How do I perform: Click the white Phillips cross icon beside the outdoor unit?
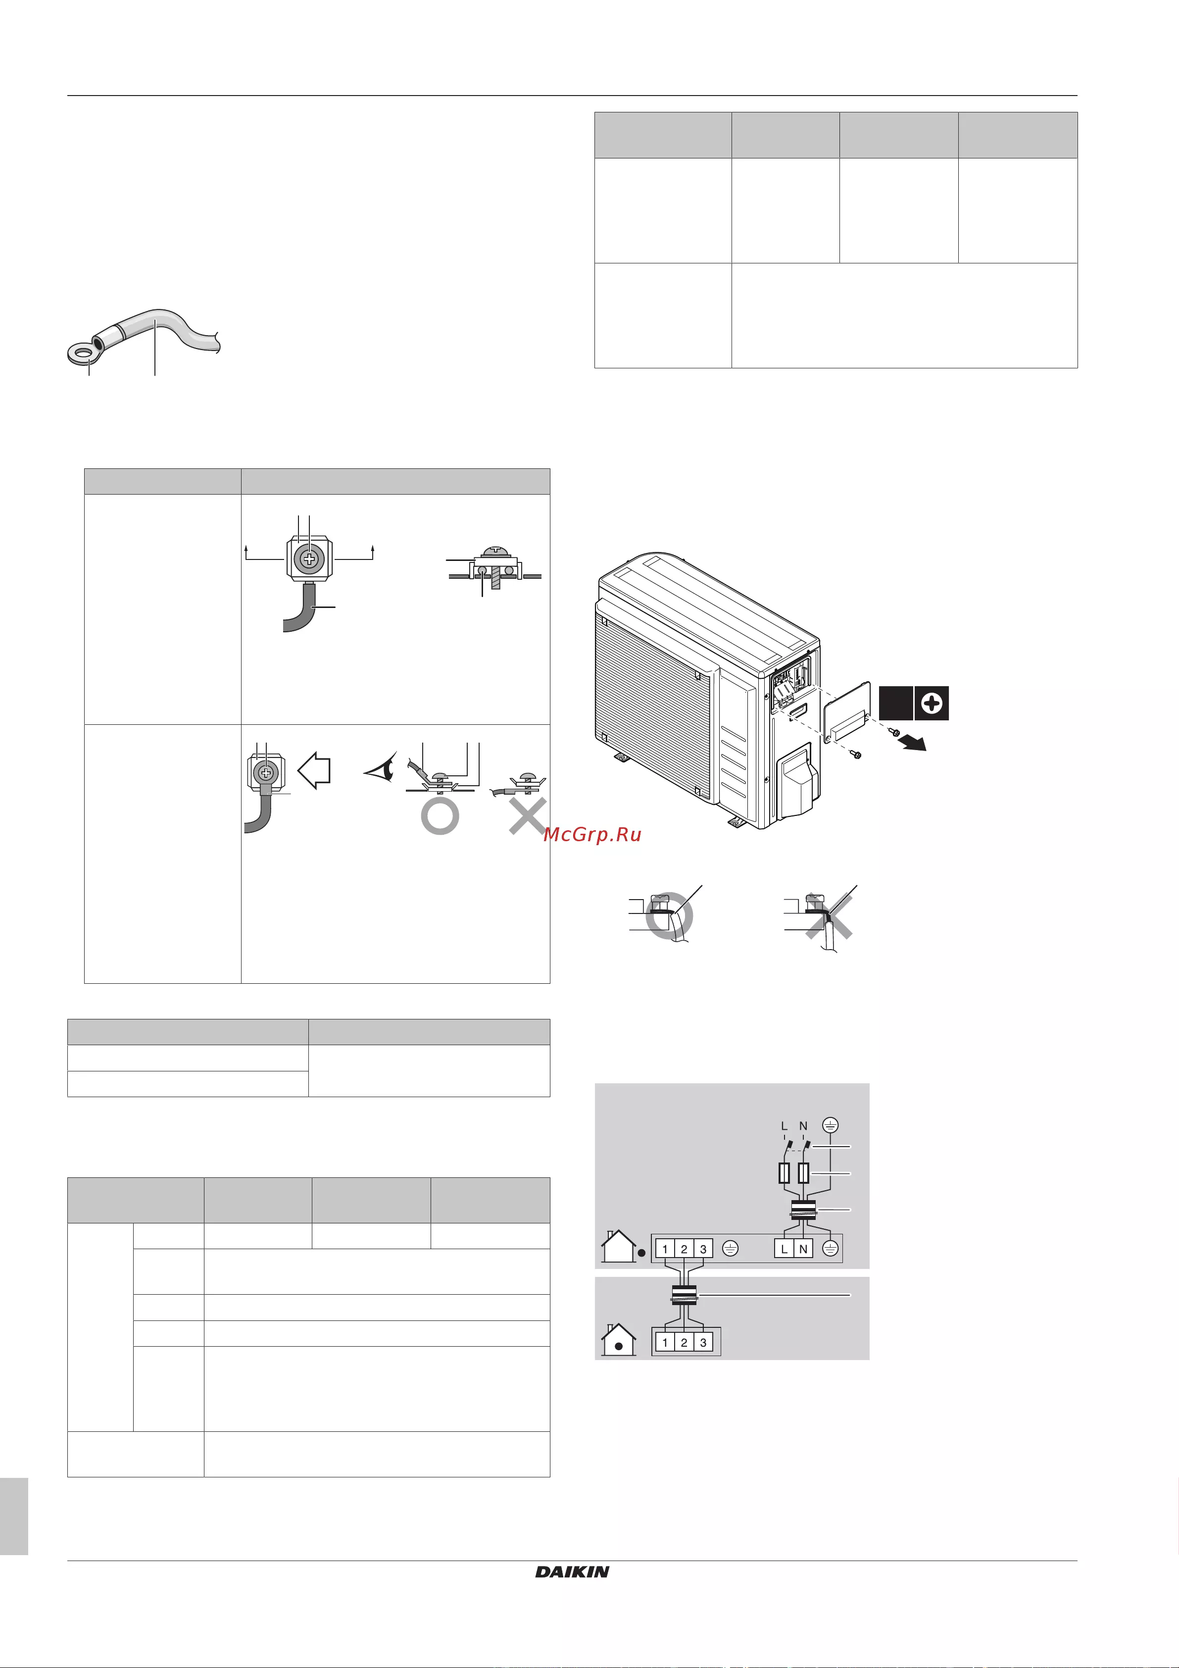point(932,703)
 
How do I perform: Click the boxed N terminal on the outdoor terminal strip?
point(803,1249)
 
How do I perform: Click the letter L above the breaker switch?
point(784,1126)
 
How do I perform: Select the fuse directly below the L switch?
point(784,1173)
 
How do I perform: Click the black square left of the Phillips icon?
point(896,703)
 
